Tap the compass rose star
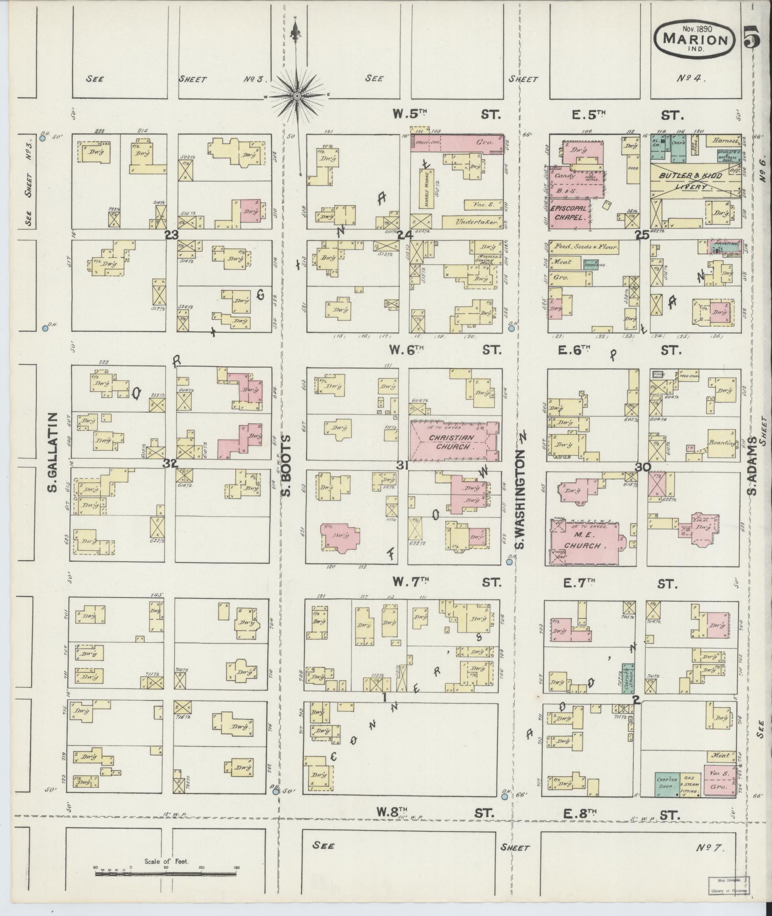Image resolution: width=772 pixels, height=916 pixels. (297, 96)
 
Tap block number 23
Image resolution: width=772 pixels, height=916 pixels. (171, 235)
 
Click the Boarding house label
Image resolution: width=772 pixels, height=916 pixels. (723, 443)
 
